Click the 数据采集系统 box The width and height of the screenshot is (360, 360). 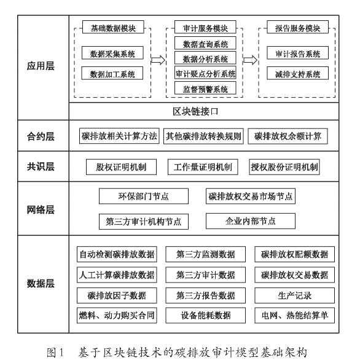pyautogui.click(x=112, y=53)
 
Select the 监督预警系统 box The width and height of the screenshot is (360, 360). pyautogui.click(x=205, y=88)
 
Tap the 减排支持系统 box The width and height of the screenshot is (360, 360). pyautogui.click(x=297, y=73)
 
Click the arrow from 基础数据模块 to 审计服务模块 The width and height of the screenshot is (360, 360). pyautogui.click(x=158, y=60)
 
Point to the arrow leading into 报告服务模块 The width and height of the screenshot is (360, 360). pyautogui.click(x=250, y=60)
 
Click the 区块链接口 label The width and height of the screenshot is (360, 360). pyautogui.click(x=195, y=112)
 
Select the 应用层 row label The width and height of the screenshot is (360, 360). pyautogui.click(x=41, y=66)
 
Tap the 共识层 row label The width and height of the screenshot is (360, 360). pyautogui.click(x=41, y=166)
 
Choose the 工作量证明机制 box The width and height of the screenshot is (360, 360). pyautogui.click(x=203, y=167)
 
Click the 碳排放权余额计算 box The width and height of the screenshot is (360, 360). pyautogui.click(x=288, y=136)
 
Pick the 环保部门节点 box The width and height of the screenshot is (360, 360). pyautogui.click(x=144, y=196)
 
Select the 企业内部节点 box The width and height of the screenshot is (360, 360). pyautogui.click(x=251, y=221)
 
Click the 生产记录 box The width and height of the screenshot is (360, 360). pyautogui.click(x=294, y=295)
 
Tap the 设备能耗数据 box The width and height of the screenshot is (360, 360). pyautogui.click(x=205, y=315)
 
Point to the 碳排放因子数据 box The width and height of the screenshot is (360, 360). pyautogui.click(x=117, y=295)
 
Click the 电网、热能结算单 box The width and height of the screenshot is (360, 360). pyautogui.click(x=294, y=315)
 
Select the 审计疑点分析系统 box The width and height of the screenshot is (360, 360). pyautogui.click(x=205, y=73)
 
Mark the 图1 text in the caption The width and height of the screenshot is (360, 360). pyautogui.click(x=55, y=352)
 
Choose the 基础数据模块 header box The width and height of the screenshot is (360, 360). pyautogui.click(x=113, y=27)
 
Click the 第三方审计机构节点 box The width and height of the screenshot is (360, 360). pyautogui.click(x=144, y=222)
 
